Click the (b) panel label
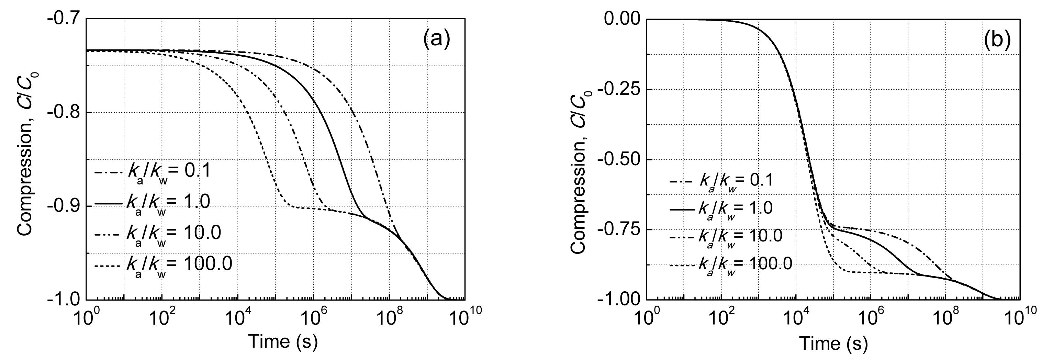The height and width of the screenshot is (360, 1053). [997, 40]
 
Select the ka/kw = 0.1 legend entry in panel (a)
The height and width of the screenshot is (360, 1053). [153, 172]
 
